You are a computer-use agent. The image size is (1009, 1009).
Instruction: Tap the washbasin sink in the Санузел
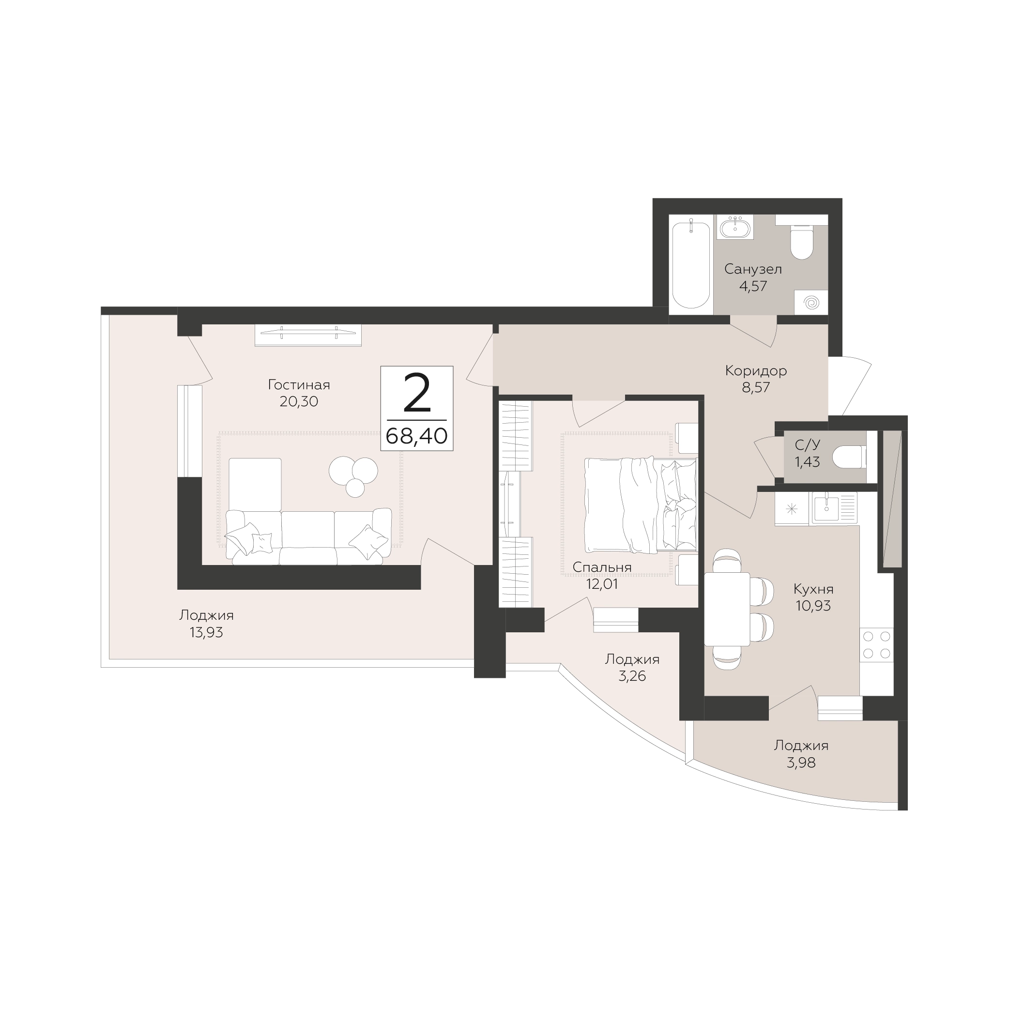tap(736, 228)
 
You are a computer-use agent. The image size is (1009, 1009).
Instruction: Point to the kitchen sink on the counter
tap(833, 509)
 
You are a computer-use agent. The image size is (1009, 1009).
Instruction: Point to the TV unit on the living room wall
tap(308, 335)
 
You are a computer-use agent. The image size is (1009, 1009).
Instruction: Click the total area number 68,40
tap(417, 435)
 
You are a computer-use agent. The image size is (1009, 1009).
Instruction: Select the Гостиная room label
tap(299, 385)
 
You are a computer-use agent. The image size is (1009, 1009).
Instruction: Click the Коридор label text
tap(756, 371)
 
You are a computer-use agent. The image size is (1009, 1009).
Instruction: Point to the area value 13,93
tap(206, 632)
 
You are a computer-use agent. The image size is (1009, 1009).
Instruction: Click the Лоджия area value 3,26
tap(632, 676)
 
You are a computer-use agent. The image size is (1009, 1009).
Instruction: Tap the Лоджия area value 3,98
tap(801, 763)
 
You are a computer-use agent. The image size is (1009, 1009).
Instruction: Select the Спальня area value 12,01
tap(602, 584)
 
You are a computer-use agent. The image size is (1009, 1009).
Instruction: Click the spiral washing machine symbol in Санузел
tap(811, 303)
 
